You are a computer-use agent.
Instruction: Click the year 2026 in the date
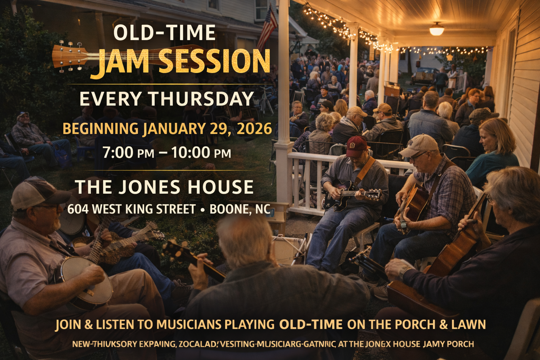click(x=255, y=129)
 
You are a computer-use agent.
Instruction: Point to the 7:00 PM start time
click(x=128, y=153)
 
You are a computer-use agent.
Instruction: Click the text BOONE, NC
click(x=239, y=209)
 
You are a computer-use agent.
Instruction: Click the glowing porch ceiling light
click(x=436, y=30)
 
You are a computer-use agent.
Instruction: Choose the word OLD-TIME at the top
click(x=164, y=33)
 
